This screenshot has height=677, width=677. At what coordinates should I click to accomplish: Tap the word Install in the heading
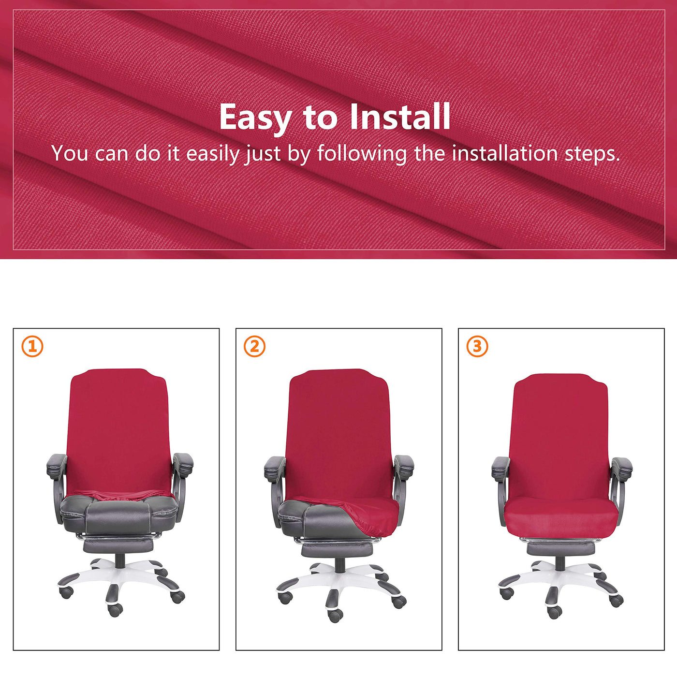coord(400,117)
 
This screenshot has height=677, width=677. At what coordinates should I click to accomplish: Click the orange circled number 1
coord(32,347)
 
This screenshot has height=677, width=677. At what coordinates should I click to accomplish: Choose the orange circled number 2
coord(255,347)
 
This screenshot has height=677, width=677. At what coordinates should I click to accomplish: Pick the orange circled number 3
coord(477,347)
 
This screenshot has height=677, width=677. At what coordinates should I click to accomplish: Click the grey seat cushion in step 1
coord(119,513)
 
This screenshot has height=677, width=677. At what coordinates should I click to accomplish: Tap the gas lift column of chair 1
coord(120,560)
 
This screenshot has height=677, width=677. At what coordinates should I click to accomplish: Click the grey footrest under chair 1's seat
coord(119,545)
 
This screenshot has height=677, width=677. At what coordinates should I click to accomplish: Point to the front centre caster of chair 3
coord(554,612)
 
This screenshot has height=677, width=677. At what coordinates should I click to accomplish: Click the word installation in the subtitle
coord(505,153)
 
